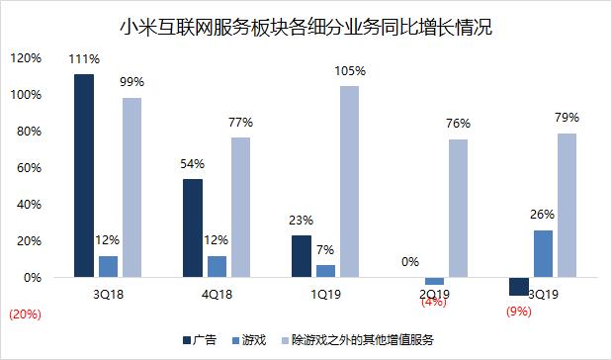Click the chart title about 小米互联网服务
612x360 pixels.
pyautogui.click(x=306, y=28)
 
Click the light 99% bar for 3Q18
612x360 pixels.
pyautogui.click(x=131, y=188)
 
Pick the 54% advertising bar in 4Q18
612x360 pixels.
pyautogui.click(x=192, y=228)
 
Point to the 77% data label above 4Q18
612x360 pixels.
pyautogui.click(x=240, y=124)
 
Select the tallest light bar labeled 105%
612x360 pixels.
pyautogui.click(x=350, y=182)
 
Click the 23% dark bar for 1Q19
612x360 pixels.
pyautogui.click(x=302, y=257)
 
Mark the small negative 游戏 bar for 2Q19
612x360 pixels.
pyautogui.click(x=435, y=282)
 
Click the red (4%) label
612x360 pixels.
pyautogui.click(x=435, y=303)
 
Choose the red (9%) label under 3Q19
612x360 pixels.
pyautogui.click(x=517, y=313)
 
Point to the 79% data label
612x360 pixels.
pyautogui.click(x=567, y=119)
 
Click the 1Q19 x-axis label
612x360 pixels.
pyautogui.click(x=325, y=293)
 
